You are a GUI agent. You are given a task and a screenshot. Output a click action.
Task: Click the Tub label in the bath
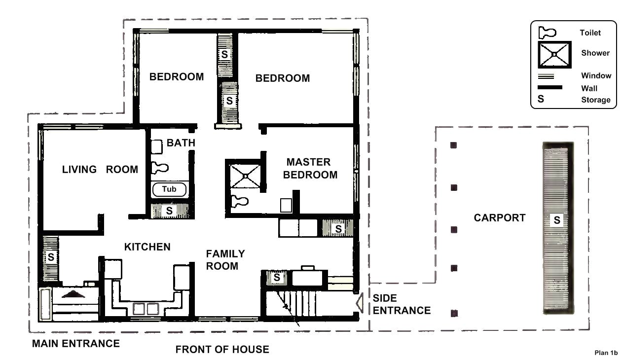click(x=169, y=189)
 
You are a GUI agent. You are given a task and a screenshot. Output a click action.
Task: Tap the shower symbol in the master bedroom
click(x=244, y=174)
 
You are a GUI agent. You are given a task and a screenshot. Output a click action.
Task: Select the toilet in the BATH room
click(x=158, y=167)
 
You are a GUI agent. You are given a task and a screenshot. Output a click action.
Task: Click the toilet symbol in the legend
click(x=547, y=33)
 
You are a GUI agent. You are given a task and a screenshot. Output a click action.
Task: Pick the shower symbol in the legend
click(x=554, y=54)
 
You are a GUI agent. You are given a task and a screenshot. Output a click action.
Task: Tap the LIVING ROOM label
click(x=100, y=170)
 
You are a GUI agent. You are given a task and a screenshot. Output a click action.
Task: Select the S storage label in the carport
click(x=557, y=220)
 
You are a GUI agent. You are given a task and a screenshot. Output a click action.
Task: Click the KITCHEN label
click(x=147, y=247)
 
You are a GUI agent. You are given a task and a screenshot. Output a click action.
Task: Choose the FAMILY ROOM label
click(x=225, y=260)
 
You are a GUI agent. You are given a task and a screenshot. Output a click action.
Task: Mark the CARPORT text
click(x=499, y=218)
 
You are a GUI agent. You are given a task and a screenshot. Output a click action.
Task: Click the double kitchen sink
click(x=146, y=309)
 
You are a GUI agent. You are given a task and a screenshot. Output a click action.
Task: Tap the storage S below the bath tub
click(x=169, y=211)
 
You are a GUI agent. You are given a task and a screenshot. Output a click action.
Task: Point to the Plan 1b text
click(x=606, y=353)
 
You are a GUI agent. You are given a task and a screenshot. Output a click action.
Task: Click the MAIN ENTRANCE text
click(x=75, y=344)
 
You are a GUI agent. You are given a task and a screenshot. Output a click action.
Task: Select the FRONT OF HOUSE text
click(x=222, y=350)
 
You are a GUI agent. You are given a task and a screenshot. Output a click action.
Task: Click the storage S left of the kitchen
click(x=51, y=257)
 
